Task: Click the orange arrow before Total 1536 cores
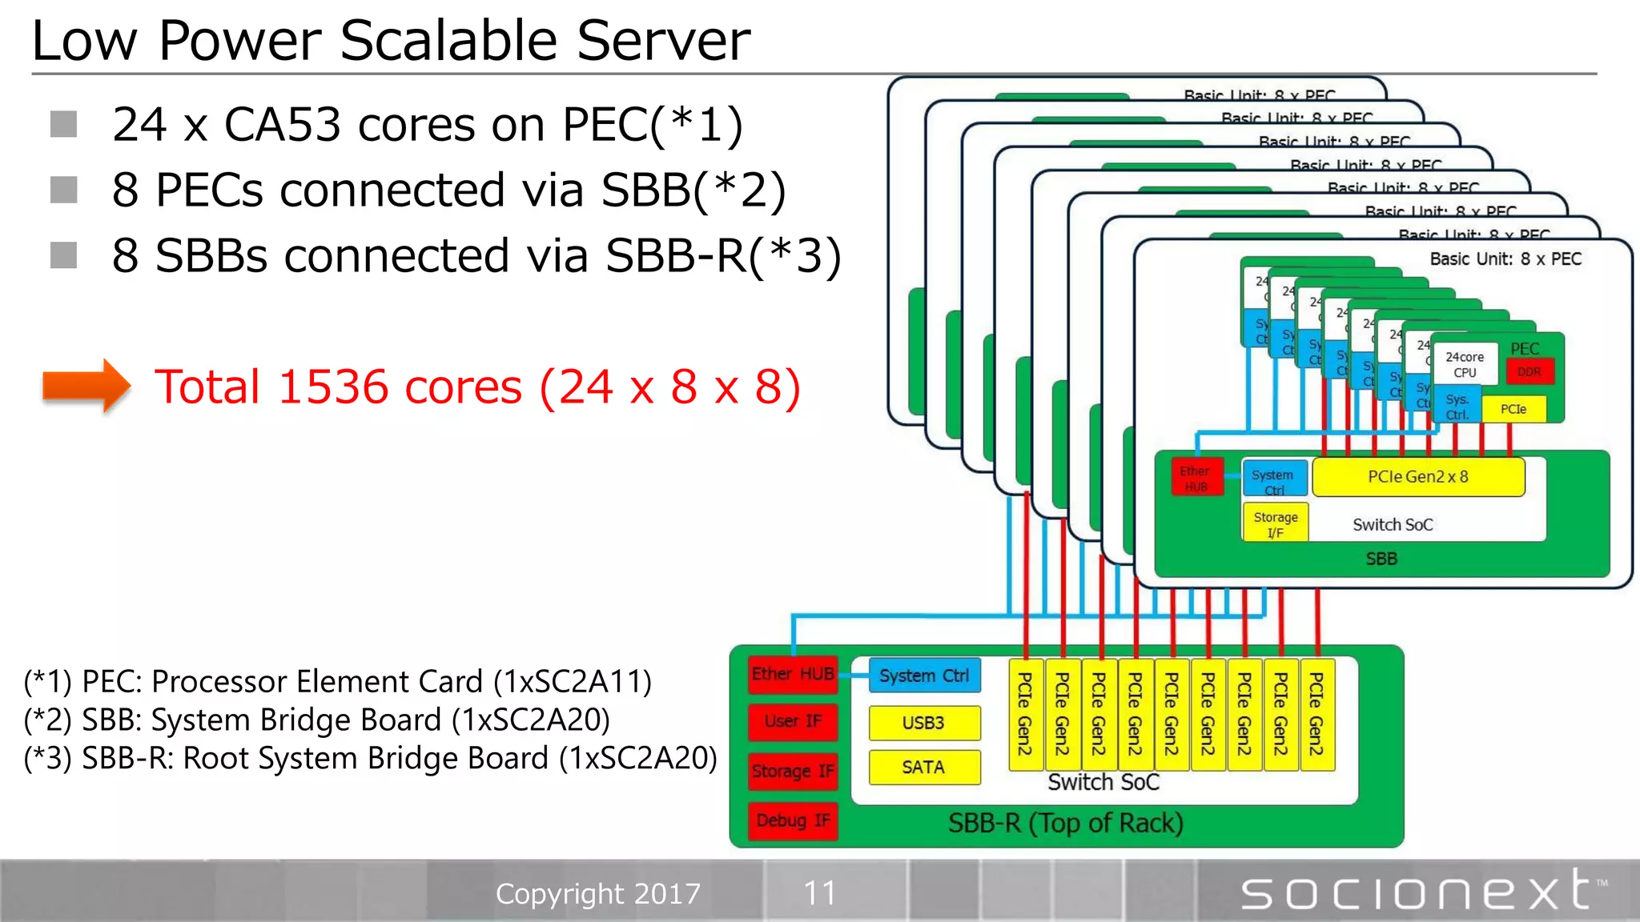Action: point(86,386)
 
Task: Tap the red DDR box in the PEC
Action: point(1529,371)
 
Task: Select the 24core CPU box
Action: point(1464,364)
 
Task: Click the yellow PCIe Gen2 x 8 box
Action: point(1417,477)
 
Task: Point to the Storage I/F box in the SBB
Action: point(1275,524)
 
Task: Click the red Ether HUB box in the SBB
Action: point(1196,478)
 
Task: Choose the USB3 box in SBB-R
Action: point(923,723)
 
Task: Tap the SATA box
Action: point(923,767)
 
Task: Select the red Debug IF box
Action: point(792,820)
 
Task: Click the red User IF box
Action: point(792,721)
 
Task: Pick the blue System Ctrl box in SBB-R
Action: point(923,675)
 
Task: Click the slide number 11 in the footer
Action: point(819,892)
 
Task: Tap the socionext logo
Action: point(1422,892)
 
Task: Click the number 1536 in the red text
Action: point(335,387)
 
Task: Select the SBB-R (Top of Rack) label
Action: point(1065,823)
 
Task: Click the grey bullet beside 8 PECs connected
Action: point(63,190)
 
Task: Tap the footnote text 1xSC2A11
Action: point(572,682)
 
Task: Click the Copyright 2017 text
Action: point(597,893)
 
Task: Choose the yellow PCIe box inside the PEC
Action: point(1513,409)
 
